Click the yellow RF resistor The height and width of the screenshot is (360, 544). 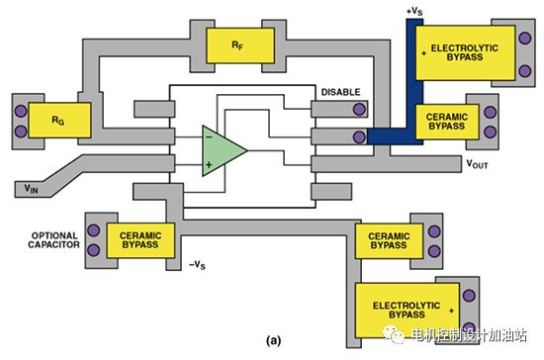240,45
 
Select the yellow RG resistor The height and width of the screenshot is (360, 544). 59,120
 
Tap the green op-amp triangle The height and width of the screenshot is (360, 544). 225,150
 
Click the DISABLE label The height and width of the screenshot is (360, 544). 340,92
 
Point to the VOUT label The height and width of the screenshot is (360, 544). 477,164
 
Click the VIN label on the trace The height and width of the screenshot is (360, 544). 31,189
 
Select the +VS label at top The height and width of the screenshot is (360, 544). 414,12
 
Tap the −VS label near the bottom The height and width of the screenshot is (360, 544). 197,265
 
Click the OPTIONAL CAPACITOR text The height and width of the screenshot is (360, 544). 53,240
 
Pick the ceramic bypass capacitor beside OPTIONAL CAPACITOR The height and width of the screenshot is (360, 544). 140,240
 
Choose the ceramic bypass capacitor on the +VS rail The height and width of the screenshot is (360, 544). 447,122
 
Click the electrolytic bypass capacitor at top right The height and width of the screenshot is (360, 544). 465,52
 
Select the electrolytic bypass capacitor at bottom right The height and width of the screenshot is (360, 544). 407,311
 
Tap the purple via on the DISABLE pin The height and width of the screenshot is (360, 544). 359,109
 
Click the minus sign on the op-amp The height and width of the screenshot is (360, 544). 209,137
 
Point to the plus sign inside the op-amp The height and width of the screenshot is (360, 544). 209,164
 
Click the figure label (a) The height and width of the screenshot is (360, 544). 273,340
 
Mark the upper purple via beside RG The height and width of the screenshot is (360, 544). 21,111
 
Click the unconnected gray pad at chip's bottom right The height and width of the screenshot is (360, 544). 331,192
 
